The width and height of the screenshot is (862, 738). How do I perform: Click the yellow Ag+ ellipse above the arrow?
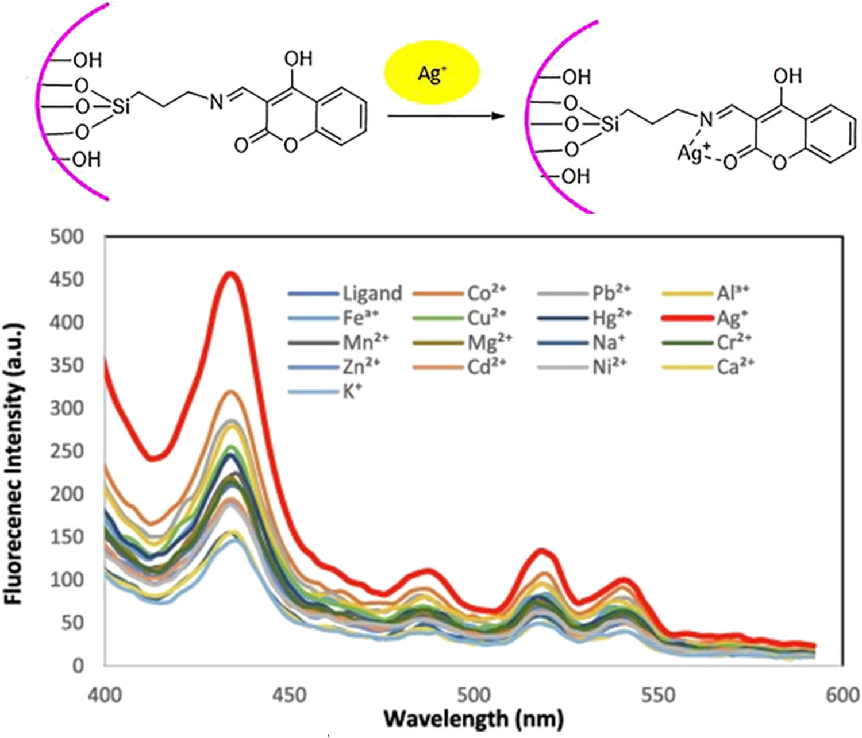pos(431,74)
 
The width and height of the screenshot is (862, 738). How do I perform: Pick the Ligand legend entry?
pos(345,293)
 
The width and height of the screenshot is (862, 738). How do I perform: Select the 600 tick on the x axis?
pos(842,696)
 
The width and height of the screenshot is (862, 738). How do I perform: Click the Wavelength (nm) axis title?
pos(474,718)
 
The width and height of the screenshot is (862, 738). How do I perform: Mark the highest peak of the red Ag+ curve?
pos(230,273)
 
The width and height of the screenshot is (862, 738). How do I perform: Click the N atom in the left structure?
pos(215,103)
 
